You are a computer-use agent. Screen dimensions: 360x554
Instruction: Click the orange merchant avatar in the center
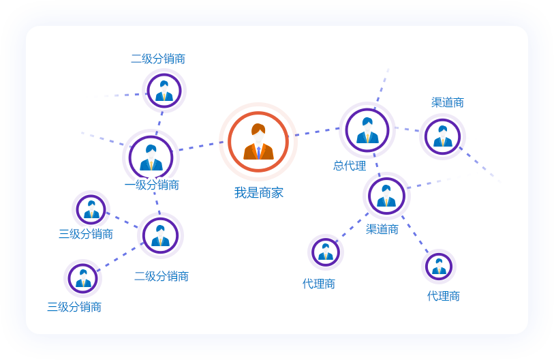[258, 141]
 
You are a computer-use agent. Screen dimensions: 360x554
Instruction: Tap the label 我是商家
[258, 193]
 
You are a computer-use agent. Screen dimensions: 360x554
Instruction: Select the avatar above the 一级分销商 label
[151, 157]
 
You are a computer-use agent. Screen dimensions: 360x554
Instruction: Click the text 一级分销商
[151, 185]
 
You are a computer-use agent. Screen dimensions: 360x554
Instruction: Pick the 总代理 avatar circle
[367, 130]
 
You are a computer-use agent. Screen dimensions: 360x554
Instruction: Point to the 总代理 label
[350, 166]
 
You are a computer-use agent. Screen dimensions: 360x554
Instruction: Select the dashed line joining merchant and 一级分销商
[201, 146]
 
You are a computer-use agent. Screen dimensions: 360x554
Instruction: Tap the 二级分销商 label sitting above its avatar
[158, 59]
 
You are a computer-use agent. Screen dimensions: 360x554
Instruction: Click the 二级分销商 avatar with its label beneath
[160, 235]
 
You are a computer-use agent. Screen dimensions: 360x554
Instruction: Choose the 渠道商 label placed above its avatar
[448, 102]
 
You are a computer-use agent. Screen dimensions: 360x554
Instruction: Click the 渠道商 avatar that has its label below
[386, 196]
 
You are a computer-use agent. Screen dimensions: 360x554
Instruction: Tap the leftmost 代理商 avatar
[326, 252]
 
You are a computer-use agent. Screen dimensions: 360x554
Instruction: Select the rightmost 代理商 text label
[444, 296]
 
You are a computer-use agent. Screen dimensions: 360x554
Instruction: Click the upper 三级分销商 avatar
[91, 209]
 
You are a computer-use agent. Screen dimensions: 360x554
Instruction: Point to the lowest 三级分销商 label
[74, 307]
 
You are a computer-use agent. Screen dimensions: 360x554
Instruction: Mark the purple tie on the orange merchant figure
[258, 152]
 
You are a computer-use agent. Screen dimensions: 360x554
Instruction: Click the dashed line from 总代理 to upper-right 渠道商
[407, 129]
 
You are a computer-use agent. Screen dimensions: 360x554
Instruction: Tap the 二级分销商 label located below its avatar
[161, 276]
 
